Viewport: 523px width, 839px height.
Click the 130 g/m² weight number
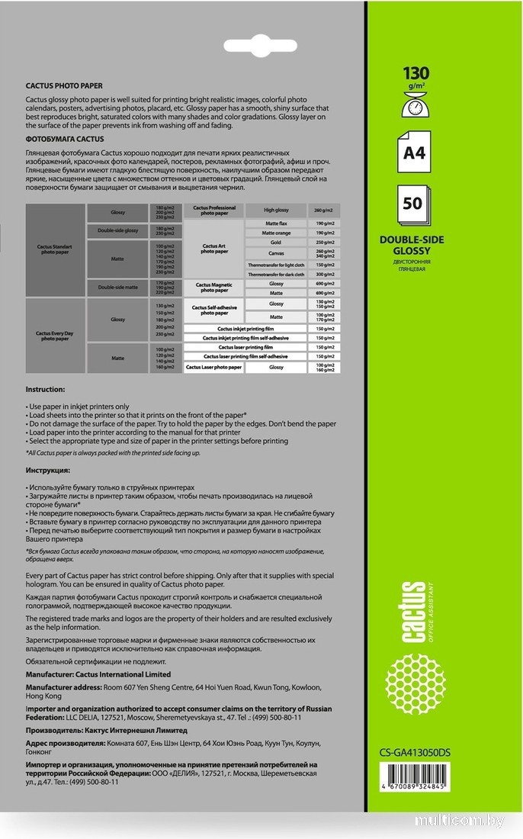[416, 74]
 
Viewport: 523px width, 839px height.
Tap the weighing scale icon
[416, 108]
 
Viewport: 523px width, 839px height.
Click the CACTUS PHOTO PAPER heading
[64, 86]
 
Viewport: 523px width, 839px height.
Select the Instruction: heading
[46, 389]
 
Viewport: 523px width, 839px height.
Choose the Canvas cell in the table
[276, 253]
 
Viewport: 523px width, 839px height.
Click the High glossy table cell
[276, 210]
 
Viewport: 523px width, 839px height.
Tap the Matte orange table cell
[276, 233]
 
